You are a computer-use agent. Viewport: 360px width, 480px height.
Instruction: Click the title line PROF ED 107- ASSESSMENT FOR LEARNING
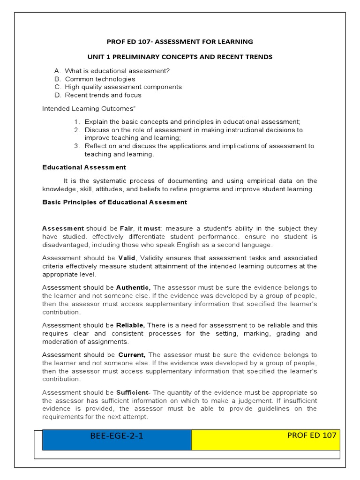coord(180,42)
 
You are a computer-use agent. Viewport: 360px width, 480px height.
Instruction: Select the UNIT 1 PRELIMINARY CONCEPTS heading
coord(180,57)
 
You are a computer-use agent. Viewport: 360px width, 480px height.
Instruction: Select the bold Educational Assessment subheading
coord(84,167)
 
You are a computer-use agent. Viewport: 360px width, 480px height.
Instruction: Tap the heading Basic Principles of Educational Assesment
coord(114,202)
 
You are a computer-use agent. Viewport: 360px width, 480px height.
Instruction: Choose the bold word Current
coord(132,355)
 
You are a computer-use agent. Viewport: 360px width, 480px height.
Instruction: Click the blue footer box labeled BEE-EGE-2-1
coord(117,436)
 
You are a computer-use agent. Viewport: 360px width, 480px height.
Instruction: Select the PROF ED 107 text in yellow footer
coord(311,435)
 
